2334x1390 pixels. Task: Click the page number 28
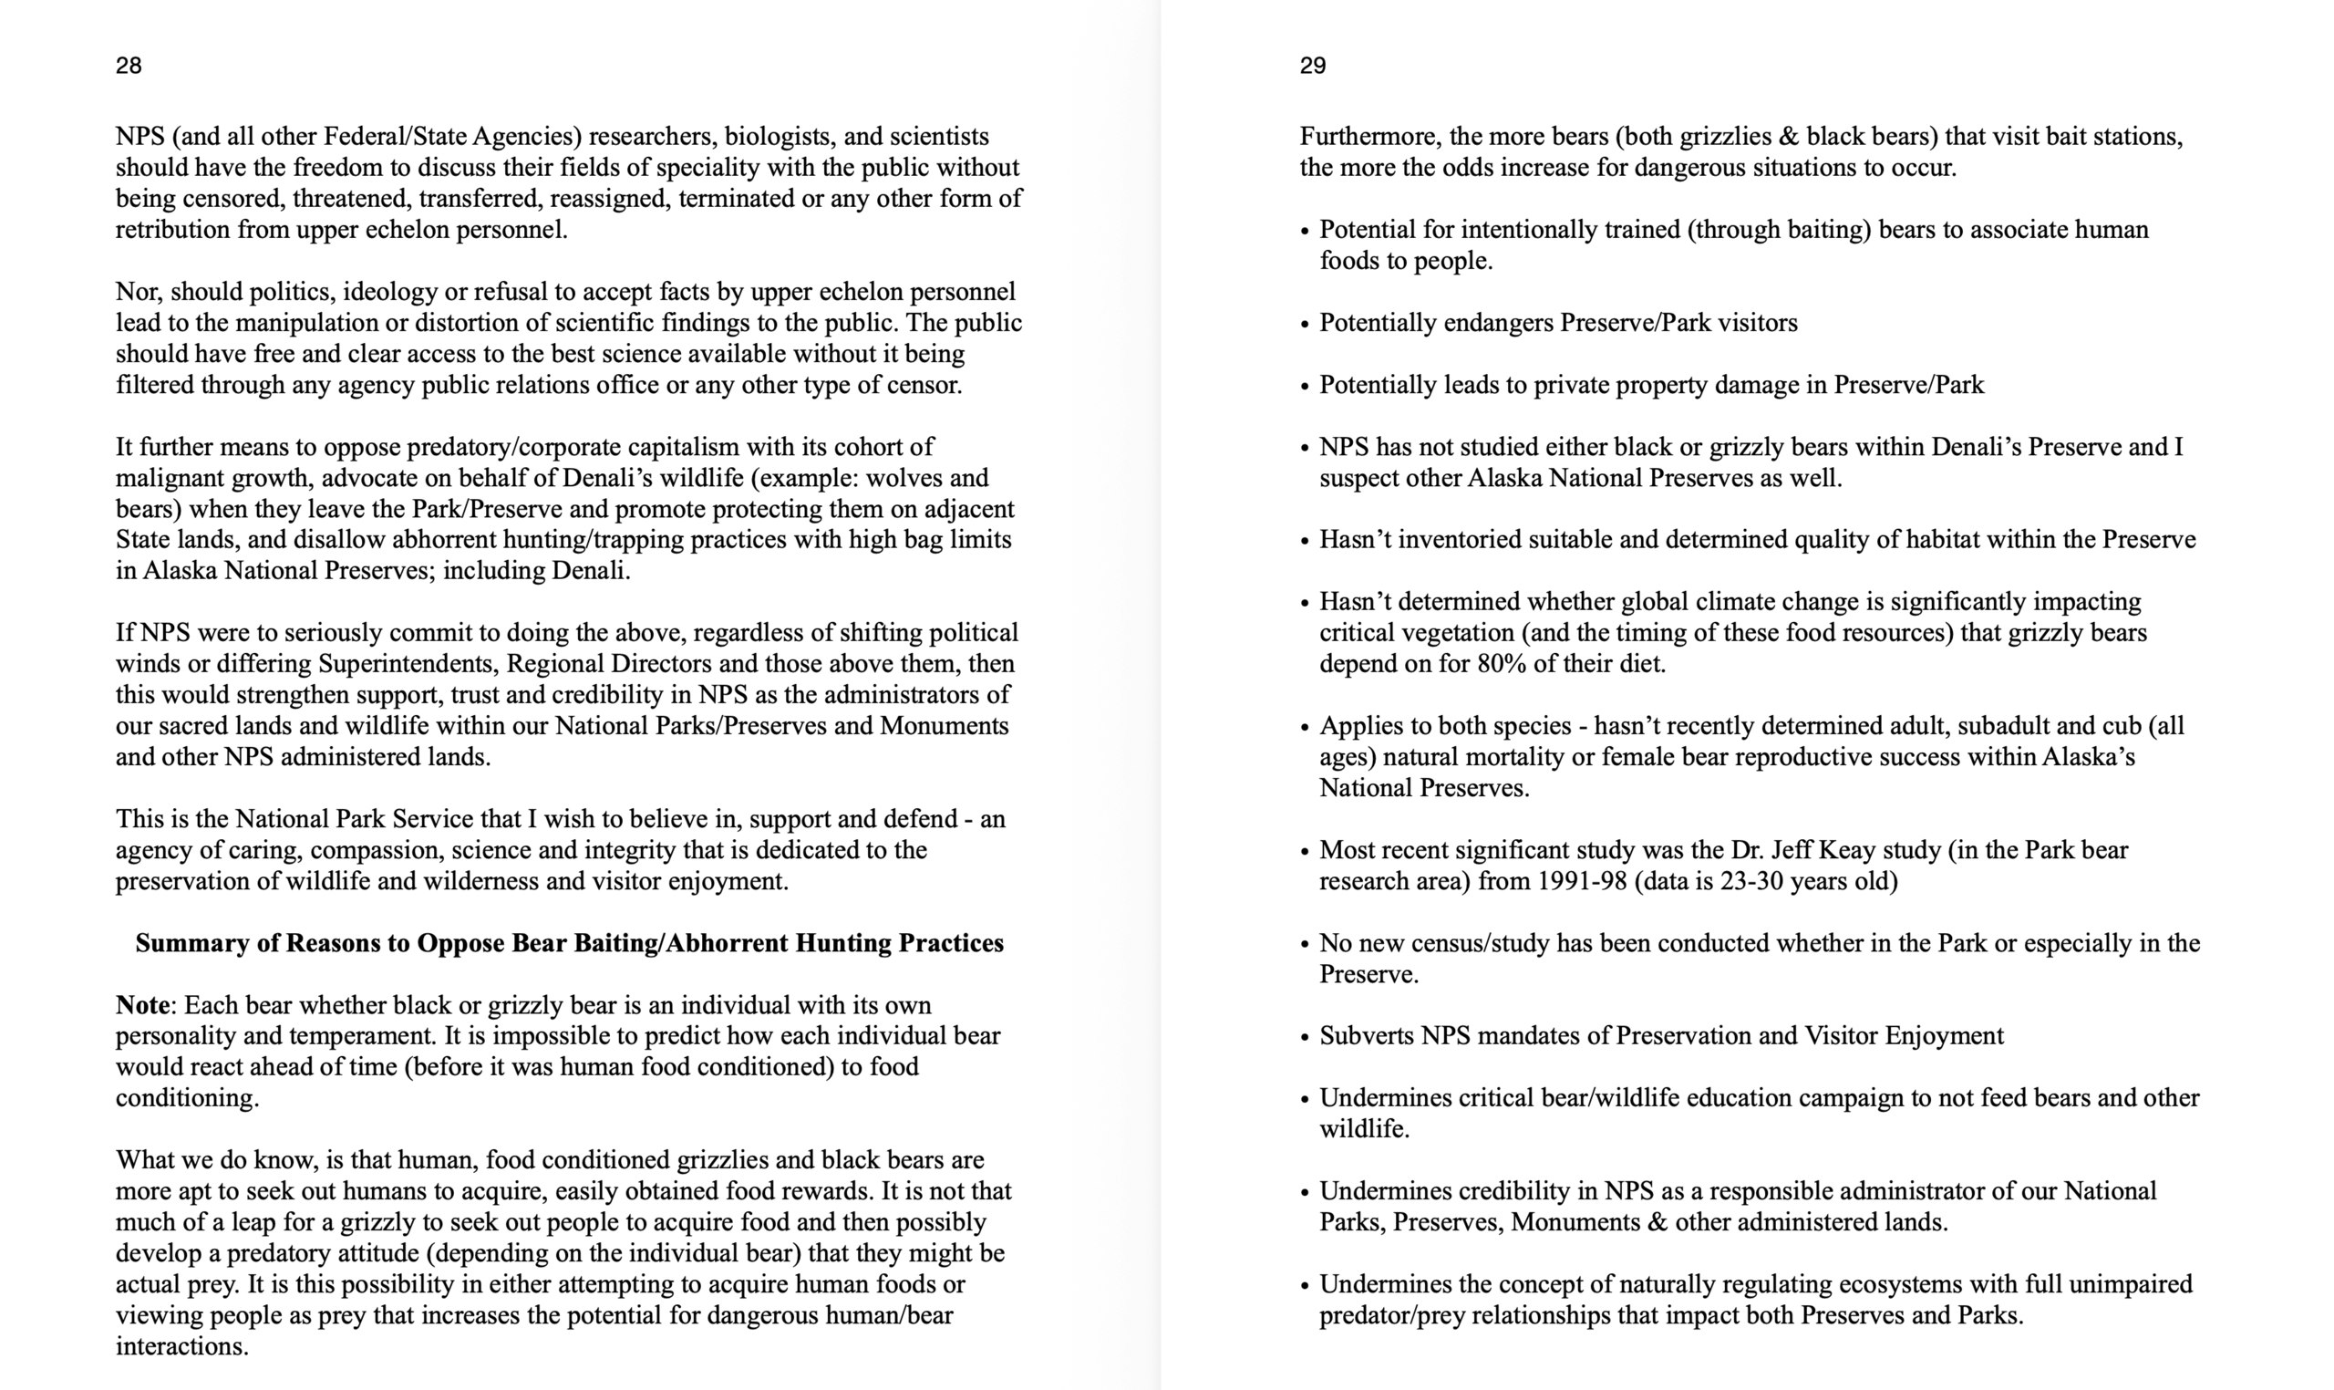(x=129, y=66)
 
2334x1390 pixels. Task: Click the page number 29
(x=1313, y=66)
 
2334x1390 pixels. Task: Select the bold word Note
(x=142, y=1005)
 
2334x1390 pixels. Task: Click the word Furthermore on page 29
(x=1369, y=137)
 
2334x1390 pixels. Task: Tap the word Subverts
(x=1366, y=1036)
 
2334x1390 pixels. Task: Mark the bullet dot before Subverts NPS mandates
(x=1305, y=1038)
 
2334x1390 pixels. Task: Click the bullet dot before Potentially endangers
(x=1305, y=325)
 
